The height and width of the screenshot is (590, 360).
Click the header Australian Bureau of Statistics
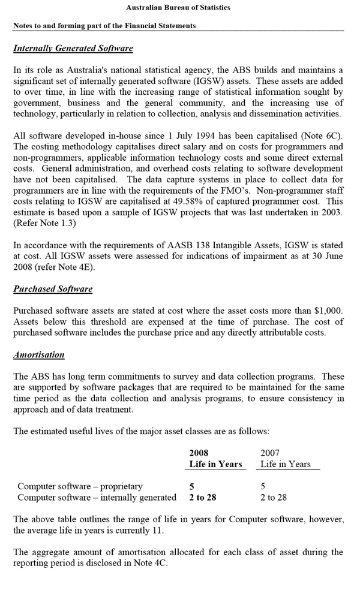[x=178, y=8]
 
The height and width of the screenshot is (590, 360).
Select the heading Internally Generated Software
[x=73, y=48]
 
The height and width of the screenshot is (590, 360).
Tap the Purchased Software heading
[x=53, y=289]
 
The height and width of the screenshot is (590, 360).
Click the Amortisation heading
[x=39, y=354]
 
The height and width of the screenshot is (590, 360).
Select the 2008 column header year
[x=199, y=453]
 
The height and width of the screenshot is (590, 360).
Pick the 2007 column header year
[x=270, y=453]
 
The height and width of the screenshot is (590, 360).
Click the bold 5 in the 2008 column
[x=191, y=486]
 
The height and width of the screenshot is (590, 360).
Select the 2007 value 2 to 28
[x=274, y=497]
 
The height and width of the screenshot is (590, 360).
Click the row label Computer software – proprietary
[x=80, y=486]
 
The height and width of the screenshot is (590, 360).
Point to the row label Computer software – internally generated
[x=97, y=497]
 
